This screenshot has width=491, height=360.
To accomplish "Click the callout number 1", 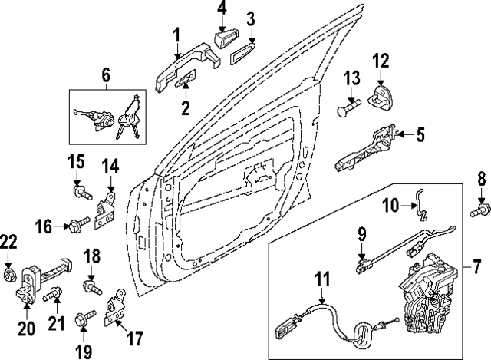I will (x=176, y=35).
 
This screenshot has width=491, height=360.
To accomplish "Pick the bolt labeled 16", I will (x=75, y=225).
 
